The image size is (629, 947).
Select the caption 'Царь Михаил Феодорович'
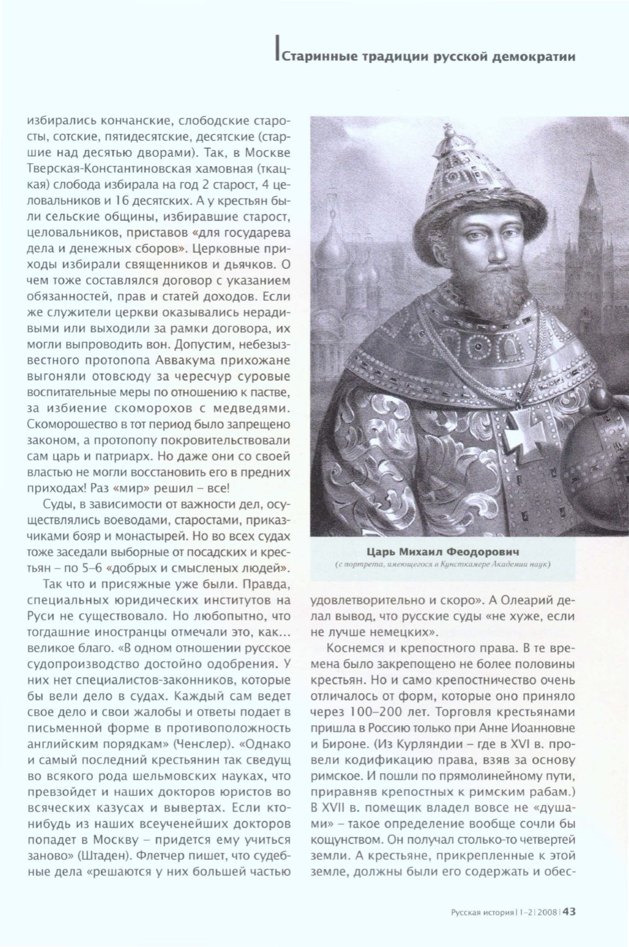pyautogui.click(x=443, y=552)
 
